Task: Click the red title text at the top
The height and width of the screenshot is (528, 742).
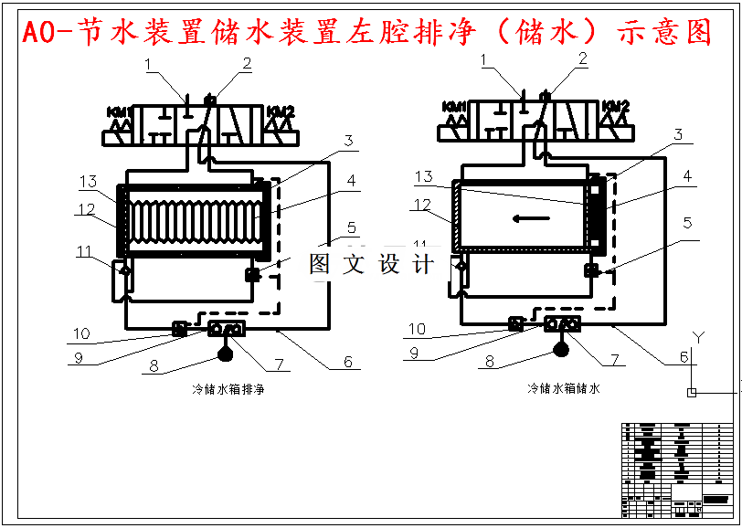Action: point(366,34)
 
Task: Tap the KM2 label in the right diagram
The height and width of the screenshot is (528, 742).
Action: point(615,107)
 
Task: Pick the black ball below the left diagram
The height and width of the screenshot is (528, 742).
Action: point(227,347)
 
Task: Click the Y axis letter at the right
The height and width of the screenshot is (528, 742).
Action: point(699,338)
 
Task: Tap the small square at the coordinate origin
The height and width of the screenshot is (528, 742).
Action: point(692,393)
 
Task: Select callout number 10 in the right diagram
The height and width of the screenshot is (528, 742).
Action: point(417,330)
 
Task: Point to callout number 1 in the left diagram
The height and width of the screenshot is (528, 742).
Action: point(151,63)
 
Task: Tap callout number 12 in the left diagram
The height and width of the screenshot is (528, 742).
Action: point(86,209)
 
